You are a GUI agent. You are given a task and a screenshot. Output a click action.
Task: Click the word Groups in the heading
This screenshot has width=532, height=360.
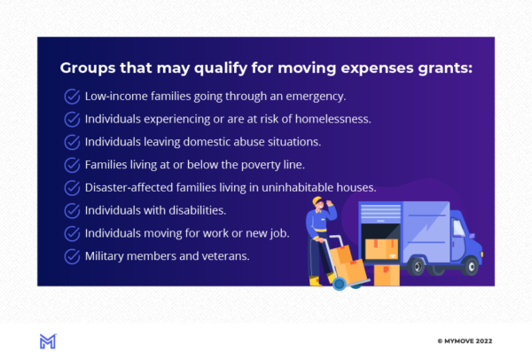pyautogui.click(x=88, y=68)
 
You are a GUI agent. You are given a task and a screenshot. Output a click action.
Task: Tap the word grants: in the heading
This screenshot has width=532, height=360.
pyautogui.click(x=445, y=69)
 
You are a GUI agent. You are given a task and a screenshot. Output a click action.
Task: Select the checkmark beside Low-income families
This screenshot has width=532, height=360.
pyautogui.click(x=73, y=97)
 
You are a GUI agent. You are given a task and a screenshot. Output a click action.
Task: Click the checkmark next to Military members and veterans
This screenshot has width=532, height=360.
pyautogui.click(x=73, y=256)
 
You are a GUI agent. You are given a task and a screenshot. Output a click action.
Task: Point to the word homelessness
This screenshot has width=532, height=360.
pyautogui.click(x=332, y=119)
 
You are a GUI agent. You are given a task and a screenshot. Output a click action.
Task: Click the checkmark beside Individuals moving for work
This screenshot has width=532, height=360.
pyautogui.click(x=73, y=233)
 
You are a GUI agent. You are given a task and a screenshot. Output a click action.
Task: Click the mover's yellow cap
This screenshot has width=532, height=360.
pyautogui.click(x=317, y=200)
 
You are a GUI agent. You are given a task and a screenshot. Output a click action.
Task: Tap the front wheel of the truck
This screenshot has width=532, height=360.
pyautogui.click(x=471, y=266)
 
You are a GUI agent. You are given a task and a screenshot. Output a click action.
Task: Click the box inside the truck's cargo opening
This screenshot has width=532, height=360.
pyautogui.click(x=381, y=249)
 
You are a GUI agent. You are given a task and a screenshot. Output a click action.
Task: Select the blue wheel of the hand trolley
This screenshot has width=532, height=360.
pyautogui.click(x=339, y=284)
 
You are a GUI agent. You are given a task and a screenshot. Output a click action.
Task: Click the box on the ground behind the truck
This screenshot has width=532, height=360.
pyautogui.click(x=387, y=275)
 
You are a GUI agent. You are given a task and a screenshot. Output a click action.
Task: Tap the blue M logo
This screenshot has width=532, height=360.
pyautogui.click(x=48, y=341)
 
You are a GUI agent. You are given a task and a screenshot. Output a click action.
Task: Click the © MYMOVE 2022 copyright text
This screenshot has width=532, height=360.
pyautogui.click(x=465, y=341)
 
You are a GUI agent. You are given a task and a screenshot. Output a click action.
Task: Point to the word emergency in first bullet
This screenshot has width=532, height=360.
pyautogui.click(x=316, y=97)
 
